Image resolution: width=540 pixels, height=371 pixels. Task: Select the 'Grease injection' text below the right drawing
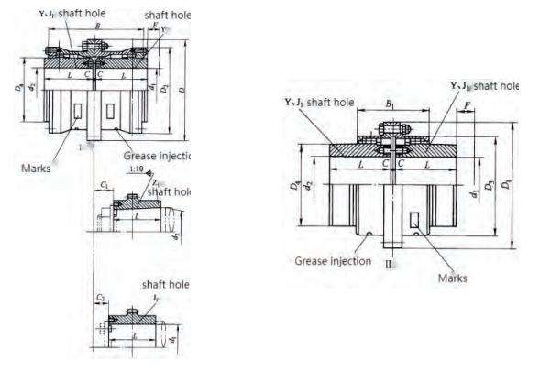(333, 261)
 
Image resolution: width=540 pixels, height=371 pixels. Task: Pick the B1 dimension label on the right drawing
(391, 106)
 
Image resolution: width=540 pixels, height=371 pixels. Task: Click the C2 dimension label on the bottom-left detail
(101, 299)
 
